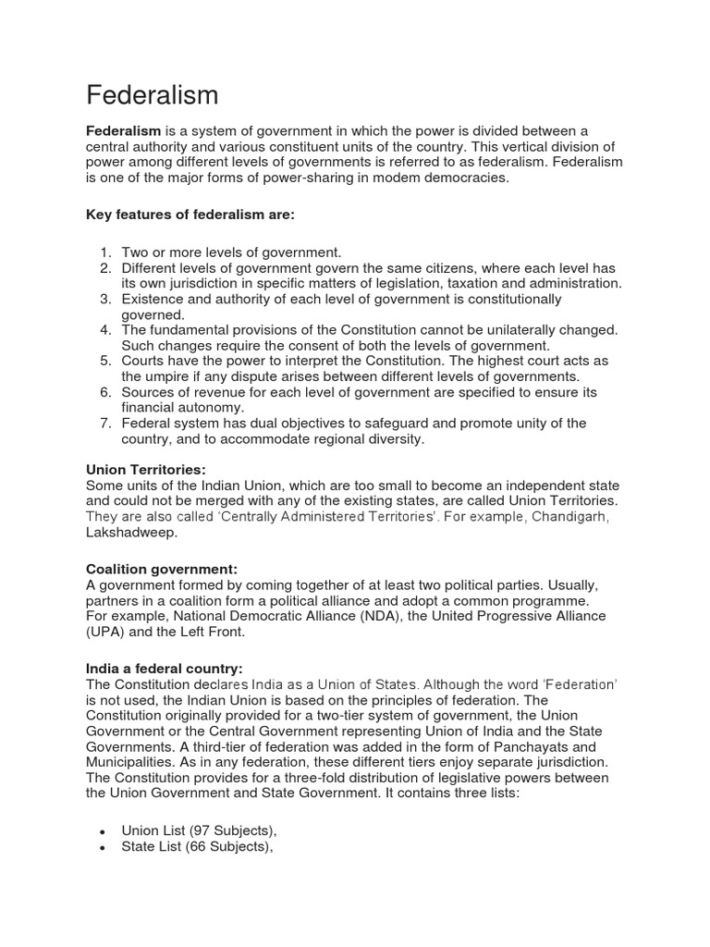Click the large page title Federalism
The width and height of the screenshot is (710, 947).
153,94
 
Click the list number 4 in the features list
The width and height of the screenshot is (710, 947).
105,330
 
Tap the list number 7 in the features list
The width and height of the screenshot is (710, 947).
105,424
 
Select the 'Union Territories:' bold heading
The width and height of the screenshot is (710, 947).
145,470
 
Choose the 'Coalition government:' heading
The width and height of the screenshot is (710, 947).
162,569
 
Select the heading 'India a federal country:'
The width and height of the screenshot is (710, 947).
165,669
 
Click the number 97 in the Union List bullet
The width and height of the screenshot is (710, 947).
199,831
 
